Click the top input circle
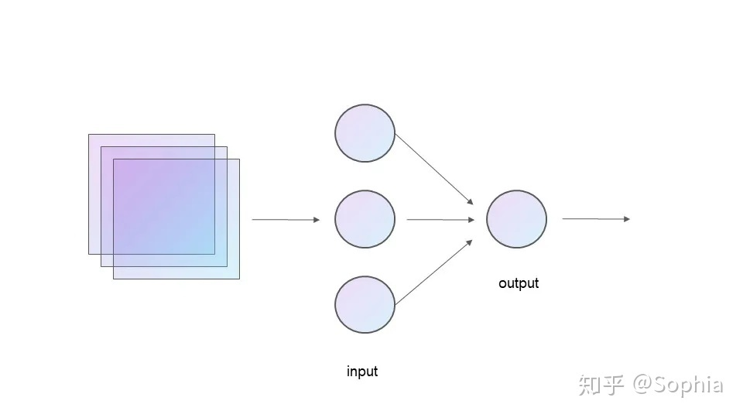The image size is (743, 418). click(x=365, y=133)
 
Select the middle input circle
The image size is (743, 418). click(x=365, y=219)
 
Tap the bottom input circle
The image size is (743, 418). click(x=365, y=304)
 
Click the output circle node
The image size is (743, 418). click(x=516, y=219)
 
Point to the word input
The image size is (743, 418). click(x=362, y=372)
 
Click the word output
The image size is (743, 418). click(x=519, y=283)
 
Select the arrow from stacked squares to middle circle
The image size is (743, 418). click(x=285, y=220)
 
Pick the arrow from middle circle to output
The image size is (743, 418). click(x=440, y=220)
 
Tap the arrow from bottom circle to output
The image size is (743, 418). click(x=433, y=271)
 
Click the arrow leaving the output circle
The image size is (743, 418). click(x=595, y=219)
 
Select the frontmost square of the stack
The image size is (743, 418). click(x=176, y=219)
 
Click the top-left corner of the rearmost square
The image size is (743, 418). click(x=89, y=135)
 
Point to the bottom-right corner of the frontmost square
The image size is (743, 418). click(x=239, y=278)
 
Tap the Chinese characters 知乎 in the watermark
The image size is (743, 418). click(x=601, y=385)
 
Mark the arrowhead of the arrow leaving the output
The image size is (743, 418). click(x=627, y=219)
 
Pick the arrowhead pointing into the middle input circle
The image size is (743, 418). click(x=316, y=220)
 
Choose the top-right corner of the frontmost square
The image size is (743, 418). click(x=239, y=159)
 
